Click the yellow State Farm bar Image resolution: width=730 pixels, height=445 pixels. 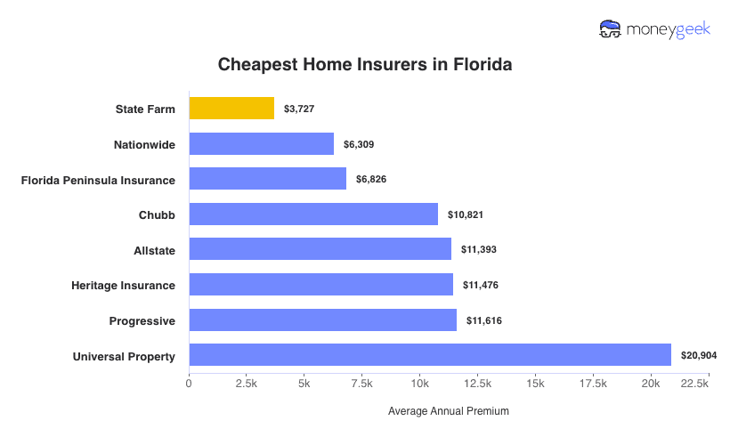tap(231, 109)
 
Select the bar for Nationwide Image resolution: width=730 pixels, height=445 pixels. tap(261, 144)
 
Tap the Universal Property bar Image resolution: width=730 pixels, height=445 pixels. tap(429, 355)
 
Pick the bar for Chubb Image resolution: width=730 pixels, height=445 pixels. tap(313, 214)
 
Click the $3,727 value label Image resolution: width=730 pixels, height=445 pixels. tap(299, 109)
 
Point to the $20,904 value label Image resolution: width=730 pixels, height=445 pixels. tap(699, 355)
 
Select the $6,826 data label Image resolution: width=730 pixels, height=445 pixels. tap(373, 180)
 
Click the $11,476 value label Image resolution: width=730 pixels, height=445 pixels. tap(480, 285)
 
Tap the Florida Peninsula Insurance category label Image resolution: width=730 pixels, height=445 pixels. tap(98, 180)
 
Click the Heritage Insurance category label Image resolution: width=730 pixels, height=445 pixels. tap(123, 285)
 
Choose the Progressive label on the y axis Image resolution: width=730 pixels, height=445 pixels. tap(142, 320)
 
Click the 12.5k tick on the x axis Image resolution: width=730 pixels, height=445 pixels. tap(477, 383)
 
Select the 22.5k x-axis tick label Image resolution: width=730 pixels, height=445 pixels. tap(693, 383)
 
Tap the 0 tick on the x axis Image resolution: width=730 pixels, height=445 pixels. tap(189, 383)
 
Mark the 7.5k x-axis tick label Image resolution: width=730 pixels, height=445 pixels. tap(361, 383)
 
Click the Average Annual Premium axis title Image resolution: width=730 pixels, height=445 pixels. tap(449, 412)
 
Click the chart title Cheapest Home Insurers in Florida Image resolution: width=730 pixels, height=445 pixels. tap(365, 65)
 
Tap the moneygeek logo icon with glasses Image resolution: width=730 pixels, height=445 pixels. tap(611, 29)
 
